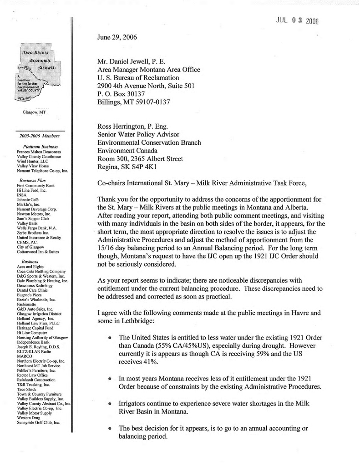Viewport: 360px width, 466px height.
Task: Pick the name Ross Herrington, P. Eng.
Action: pyautogui.click(x=136, y=125)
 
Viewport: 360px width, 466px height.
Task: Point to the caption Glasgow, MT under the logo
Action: pyautogui.click(x=34, y=112)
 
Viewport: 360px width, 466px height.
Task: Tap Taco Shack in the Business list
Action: pyautogui.click(x=27, y=388)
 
